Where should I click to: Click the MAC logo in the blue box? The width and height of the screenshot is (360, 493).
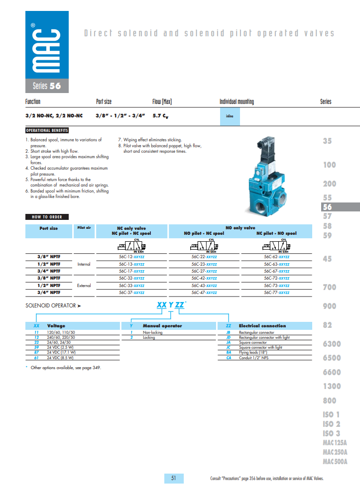click(47, 45)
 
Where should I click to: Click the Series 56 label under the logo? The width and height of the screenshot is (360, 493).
click(47, 86)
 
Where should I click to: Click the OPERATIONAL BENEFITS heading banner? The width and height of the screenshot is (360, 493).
click(47, 130)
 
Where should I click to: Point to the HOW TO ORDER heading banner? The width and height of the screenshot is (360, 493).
click(47, 217)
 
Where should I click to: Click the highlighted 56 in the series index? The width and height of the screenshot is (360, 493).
click(328, 207)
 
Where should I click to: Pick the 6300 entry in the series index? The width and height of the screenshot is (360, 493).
click(332, 344)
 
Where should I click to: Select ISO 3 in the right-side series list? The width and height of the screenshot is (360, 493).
click(331, 433)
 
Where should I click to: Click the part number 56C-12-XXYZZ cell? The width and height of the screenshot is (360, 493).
click(131, 257)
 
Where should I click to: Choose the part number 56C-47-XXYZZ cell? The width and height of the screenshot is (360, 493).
click(204, 293)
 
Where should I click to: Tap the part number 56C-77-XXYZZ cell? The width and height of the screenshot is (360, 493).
click(276, 293)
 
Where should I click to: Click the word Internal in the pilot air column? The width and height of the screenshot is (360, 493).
click(84, 264)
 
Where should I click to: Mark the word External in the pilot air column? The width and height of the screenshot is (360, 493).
click(84, 286)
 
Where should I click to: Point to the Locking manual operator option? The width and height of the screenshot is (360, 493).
click(149, 337)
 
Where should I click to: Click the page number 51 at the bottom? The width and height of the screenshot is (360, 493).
click(174, 478)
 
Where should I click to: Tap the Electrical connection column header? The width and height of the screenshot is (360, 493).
click(262, 326)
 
